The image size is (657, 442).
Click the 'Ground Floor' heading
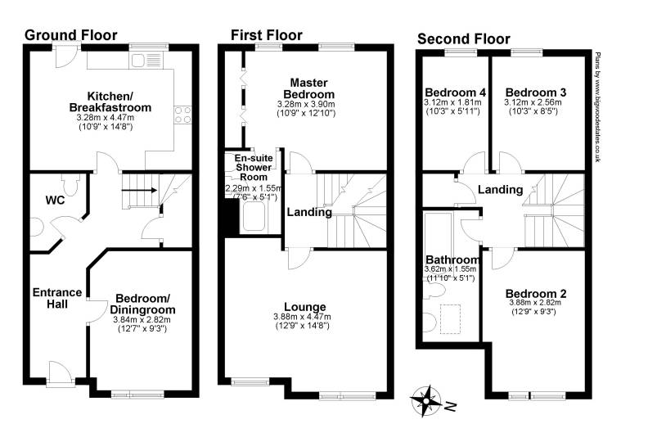(x=71, y=35)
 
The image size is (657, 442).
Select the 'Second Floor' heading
(x=463, y=38)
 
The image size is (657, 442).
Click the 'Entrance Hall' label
(x=56, y=298)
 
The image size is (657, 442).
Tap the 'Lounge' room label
(x=304, y=307)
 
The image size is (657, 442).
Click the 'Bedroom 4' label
(x=452, y=92)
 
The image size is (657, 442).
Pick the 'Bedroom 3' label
(x=536, y=92)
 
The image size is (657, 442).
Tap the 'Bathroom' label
(x=451, y=259)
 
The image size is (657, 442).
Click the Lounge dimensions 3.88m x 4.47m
(x=304, y=317)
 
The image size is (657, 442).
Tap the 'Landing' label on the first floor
(x=308, y=213)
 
